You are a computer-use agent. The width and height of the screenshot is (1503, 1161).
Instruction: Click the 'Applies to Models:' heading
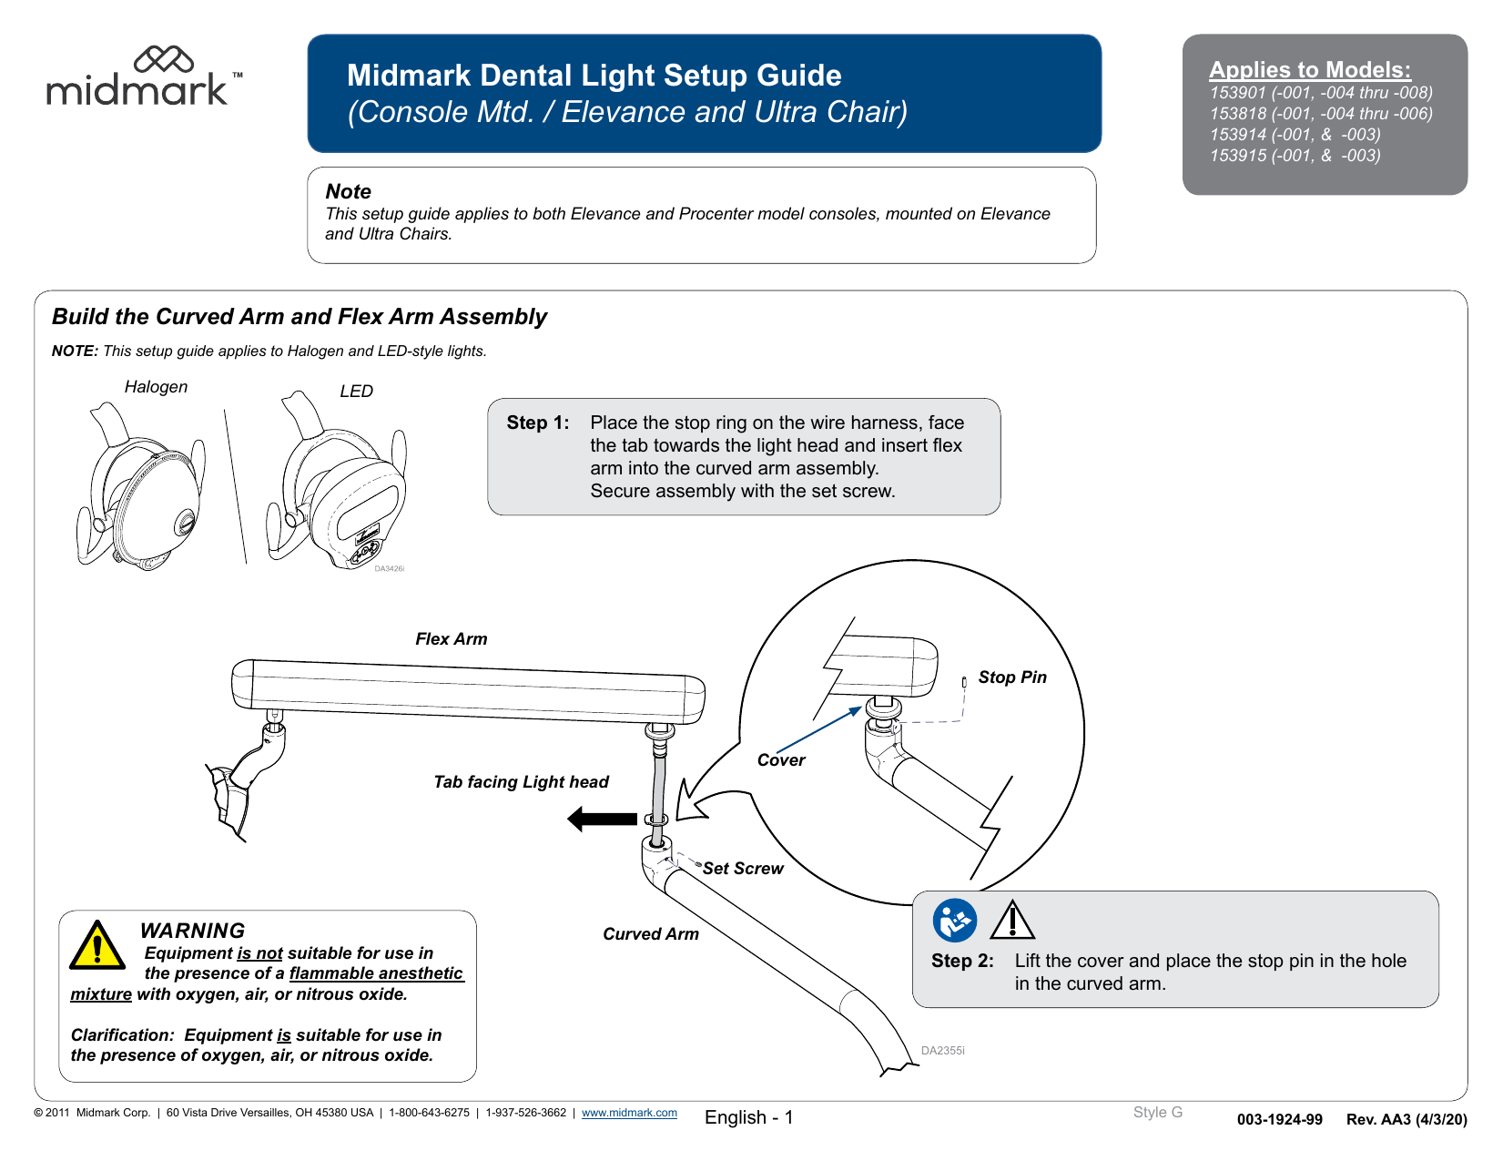click(1309, 70)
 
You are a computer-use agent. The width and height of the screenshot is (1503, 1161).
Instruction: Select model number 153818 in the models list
click(1237, 114)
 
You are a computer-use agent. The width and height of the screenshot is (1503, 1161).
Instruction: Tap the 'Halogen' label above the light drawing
click(156, 387)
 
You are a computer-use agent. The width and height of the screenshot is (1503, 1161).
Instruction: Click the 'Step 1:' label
click(537, 423)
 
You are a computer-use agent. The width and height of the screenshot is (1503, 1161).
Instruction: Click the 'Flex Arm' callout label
click(451, 639)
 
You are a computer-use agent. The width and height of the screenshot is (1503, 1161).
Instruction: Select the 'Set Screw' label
click(742, 869)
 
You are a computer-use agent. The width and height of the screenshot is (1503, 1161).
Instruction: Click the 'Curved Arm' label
click(650, 934)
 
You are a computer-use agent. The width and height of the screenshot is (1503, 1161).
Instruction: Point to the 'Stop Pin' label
click(1011, 677)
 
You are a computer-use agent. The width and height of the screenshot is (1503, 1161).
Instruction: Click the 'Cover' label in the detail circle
click(780, 760)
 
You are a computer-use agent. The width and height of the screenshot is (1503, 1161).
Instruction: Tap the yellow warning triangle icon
click(96, 946)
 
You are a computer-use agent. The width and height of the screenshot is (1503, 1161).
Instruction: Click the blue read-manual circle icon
click(954, 921)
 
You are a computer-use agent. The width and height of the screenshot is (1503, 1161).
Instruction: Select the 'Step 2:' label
click(961, 961)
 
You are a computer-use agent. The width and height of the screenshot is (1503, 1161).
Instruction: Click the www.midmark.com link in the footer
click(629, 1113)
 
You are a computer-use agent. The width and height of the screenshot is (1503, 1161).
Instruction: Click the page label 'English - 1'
click(748, 1117)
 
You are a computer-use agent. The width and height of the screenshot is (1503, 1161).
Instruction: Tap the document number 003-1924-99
click(1279, 1120)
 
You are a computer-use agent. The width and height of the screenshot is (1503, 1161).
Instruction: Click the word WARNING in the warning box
click(192, 931)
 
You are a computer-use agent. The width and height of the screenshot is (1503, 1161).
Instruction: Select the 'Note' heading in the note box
click(348, 192)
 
